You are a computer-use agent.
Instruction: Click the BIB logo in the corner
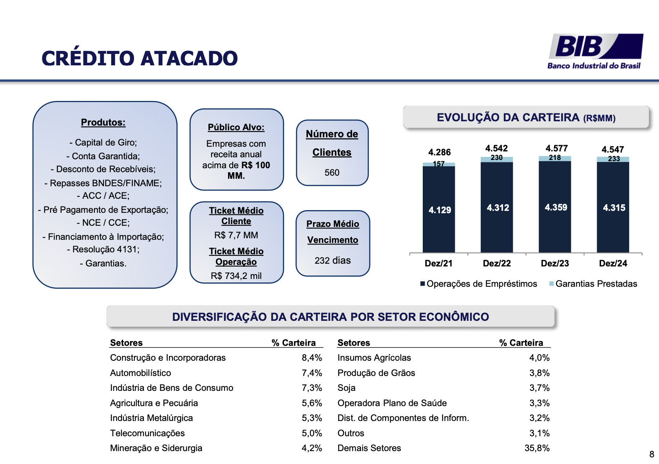[595, 51]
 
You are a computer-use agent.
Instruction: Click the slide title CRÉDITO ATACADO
[139, 59]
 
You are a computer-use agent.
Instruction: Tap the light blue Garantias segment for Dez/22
[496, 159]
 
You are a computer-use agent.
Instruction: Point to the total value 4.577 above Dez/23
[556, 148]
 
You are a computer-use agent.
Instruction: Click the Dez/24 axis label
[613, 263]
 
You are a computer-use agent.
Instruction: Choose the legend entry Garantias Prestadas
[596, 284]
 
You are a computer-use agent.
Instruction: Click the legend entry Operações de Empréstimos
[482, 284]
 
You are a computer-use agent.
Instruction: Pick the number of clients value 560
[332, 173]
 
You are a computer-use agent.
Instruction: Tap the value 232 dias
[333, 261]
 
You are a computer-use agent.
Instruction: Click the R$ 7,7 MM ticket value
[236, 235]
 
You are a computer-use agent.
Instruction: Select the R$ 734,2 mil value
[236, 276]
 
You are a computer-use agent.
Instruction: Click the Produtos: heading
[103, 122]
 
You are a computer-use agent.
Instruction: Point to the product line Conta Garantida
[103, 156]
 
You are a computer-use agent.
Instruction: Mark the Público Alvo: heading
[236, 127]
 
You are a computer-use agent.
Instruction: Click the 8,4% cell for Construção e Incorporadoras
[311, 358]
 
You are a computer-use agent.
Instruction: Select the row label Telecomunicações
[147, 433]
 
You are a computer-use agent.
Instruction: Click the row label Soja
[346, 388]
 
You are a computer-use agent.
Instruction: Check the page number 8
[652, 454]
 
